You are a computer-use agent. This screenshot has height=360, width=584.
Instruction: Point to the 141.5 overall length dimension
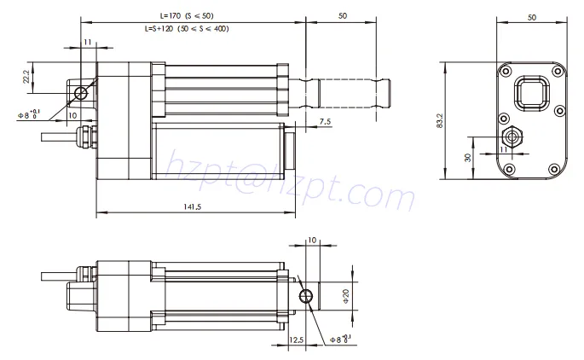[x=193, y=205]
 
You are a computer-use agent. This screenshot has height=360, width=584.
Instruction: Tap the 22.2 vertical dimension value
[x=27, y=78]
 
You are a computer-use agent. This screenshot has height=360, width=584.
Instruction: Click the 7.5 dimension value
[x=325, y=122]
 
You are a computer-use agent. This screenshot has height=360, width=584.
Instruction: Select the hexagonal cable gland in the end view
[x=513, y=136]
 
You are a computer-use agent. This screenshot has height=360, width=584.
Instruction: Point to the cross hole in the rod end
[x=307, y=296]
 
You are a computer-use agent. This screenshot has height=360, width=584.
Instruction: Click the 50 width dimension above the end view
[x=531, y=16]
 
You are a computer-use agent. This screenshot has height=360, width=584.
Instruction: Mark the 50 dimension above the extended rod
[x=342, y=15]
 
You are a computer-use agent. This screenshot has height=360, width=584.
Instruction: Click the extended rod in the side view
[x=350, y=88]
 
